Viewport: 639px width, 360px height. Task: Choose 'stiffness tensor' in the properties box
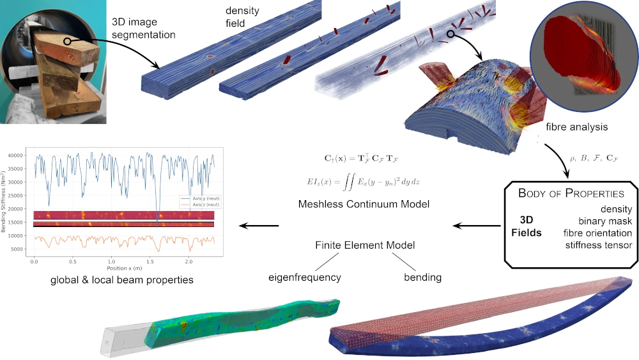pos(597,245)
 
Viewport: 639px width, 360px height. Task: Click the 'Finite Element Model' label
pos(365,245)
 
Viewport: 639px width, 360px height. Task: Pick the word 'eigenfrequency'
pos(304,278)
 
